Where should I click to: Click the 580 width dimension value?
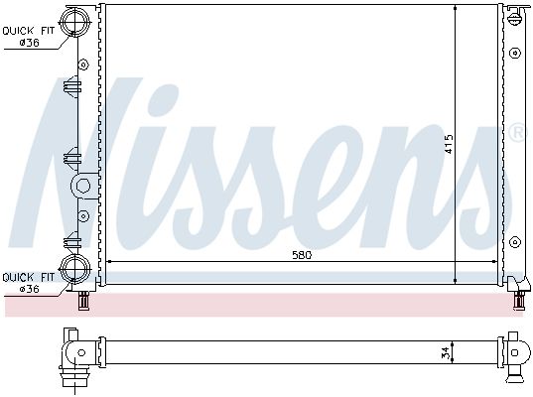[x=302, y=255]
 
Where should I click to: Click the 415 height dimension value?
[x=449, y=144]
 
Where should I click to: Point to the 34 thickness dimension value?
[x=448, y=352]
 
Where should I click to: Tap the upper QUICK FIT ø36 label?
[x=29, y=37]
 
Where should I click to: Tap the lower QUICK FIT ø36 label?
[x=29, y=283]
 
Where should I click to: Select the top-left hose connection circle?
[x=74, y=21]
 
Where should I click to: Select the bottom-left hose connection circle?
[x=74, y=269]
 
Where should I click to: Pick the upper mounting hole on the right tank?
[x=515, y=53]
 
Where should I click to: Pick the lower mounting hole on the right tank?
[x=515, y=242]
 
